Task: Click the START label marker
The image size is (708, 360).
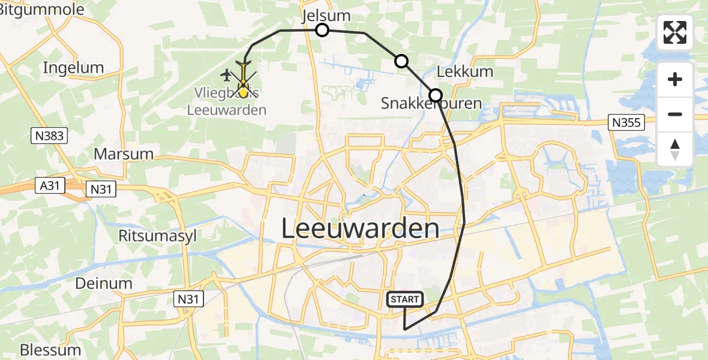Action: click(x=405, y=299)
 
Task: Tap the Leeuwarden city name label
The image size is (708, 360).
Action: click(x=360, y=229)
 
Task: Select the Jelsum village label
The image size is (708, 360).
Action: click(x=327, y=16)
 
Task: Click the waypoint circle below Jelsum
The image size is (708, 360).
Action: click(x=323, y=30)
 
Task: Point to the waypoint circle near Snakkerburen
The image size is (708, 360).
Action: click(x=436, y=95)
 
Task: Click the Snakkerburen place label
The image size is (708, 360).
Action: click(x=431, y=104)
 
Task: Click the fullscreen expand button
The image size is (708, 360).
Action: click(x=675, y=32)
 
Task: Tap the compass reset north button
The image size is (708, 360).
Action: click(x=675, y=149)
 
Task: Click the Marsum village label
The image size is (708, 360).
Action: click(x=124, y=154)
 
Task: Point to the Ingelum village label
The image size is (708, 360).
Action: click(x=73, y=68)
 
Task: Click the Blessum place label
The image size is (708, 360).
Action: click(x=50, y=350)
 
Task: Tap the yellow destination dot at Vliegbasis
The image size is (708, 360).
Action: click(x=243, y=92)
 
